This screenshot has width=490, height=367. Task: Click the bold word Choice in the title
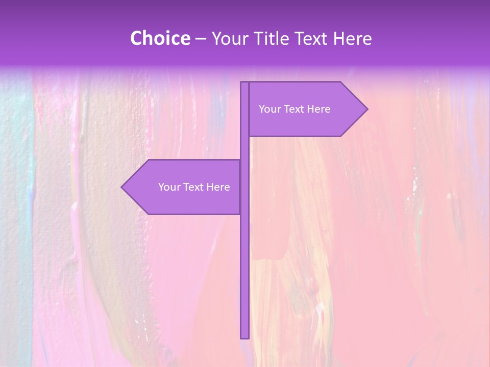pos(160,38)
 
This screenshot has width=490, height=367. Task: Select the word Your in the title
pos(229,39)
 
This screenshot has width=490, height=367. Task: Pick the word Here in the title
pos(353,39)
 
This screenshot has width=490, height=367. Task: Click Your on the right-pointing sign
pos(269,109)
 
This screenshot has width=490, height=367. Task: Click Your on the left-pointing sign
pos(169,187)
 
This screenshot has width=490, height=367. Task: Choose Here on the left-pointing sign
pos(218,187)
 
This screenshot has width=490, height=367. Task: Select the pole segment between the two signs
pos(245,148)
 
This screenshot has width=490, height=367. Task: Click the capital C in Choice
pos(136,39)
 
